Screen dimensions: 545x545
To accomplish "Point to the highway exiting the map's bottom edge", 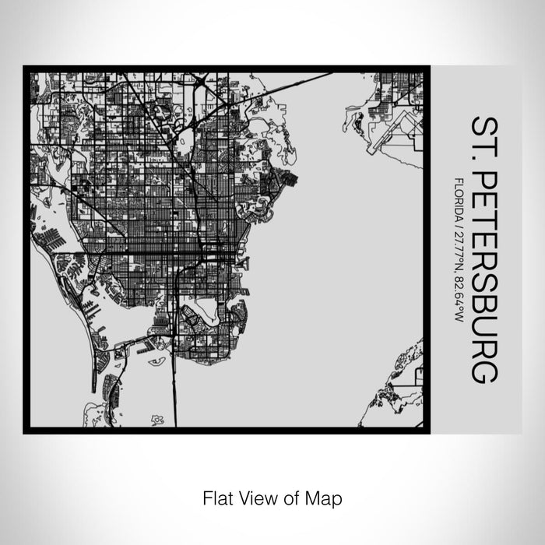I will pos(174,413).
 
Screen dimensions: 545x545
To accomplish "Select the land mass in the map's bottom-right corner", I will pos(401,389).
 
